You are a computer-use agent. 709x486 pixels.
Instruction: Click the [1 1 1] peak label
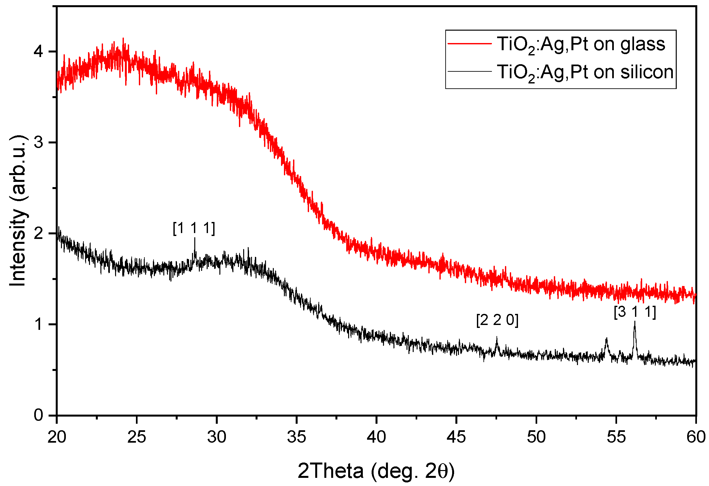pyautogui.click(x=194, y=228)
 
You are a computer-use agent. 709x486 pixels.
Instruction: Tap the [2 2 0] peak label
pyautogui.click(x=497, y=320)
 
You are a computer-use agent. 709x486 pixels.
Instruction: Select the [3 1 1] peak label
pyautogui.click(x=635, y=312)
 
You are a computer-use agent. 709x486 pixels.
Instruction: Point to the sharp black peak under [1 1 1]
pyautogui.click(x=195, y=239)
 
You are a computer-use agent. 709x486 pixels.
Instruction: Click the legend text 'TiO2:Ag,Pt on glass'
pyautogui.click(x=581, y=45)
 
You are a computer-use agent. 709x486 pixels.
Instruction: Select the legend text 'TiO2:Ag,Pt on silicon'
pyautogui.click(x=585, y=72)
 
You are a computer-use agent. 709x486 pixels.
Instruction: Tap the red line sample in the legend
pyautogui.click(x=469, y=43)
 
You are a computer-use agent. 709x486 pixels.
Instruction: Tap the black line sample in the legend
pyautogui.click(x=469, y=71)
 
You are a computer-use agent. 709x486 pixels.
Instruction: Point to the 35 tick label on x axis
pyautogui.click(x=296, y=437)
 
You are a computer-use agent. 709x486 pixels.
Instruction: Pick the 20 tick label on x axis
pyautogui.click(x=57, y=437)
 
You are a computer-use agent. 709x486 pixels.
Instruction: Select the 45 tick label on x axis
pyautogui.click(x=456, y=437)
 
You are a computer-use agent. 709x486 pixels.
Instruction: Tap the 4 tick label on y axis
pyautogui.click(x=38, y=52)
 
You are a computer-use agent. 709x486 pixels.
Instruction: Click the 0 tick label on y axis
pyautogui.click(x=38, y=415)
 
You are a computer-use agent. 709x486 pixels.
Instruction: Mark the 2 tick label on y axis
pyautogui.click(x=38, y=233)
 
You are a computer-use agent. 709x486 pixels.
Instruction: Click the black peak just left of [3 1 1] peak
pyautogui.click(x=606, y=339)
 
